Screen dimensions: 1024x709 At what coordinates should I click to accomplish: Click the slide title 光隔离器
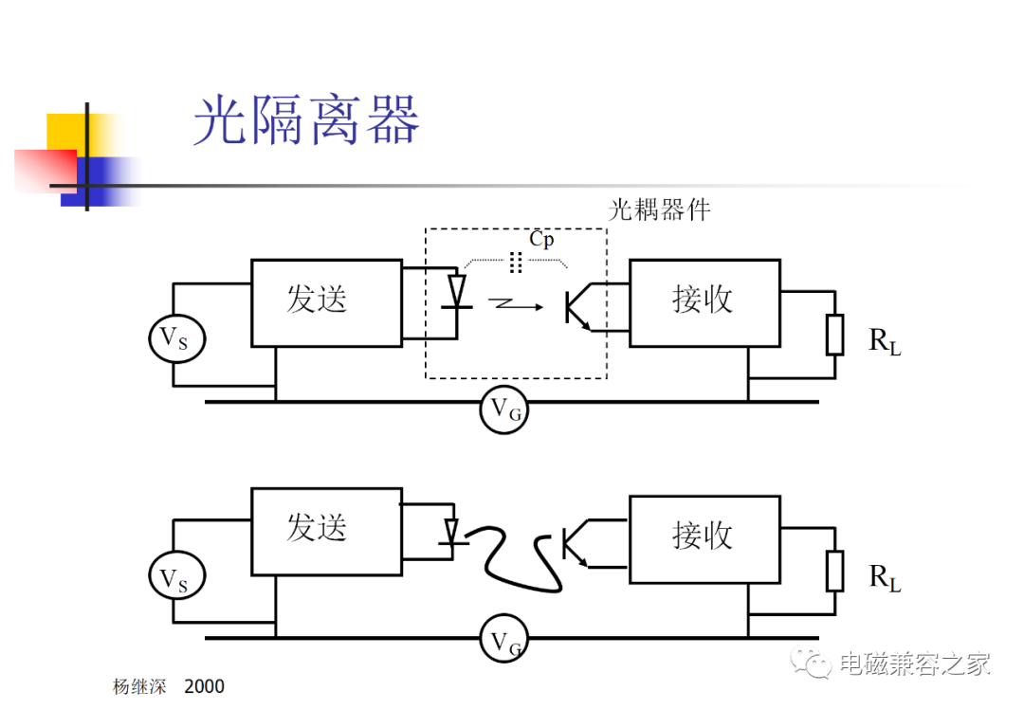click(306, 120)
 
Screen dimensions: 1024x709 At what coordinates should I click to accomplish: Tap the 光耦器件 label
click(659, 210)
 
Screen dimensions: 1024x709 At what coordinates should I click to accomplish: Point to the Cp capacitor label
click(541, 239)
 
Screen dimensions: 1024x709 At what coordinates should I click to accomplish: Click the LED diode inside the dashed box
click(457, 292)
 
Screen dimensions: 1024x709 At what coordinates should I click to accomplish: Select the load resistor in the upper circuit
click(834, 335)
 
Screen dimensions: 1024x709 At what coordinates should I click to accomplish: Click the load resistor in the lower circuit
click(834, 572)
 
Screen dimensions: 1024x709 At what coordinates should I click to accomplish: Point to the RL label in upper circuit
click(885, 341)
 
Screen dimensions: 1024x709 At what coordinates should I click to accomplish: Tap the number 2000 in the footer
click(205, 686)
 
